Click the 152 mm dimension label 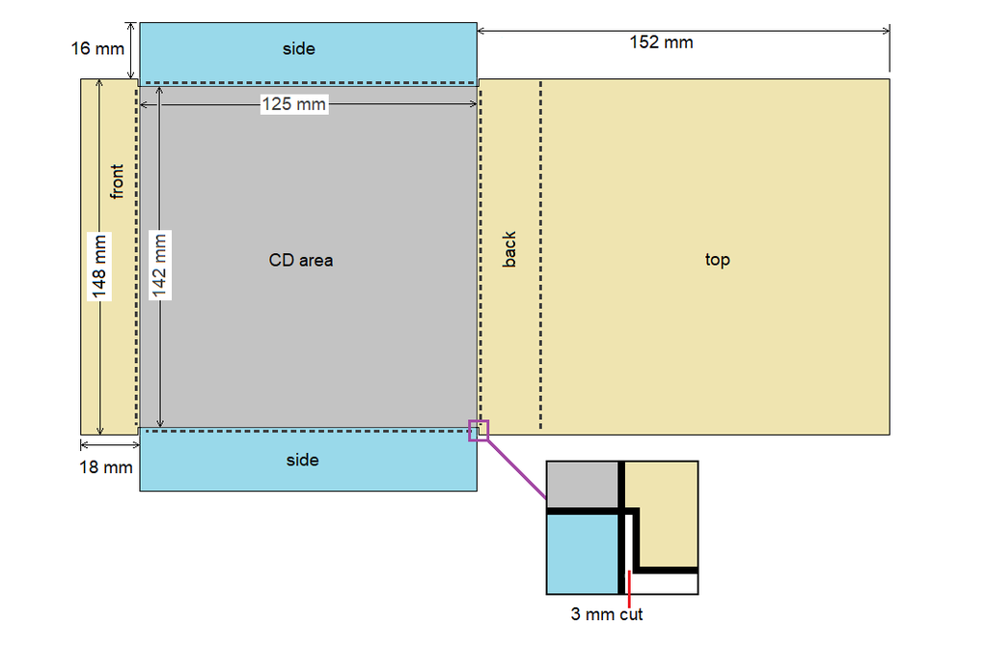pos(661,42)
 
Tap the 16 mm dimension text pos(97,48)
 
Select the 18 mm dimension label pos(106,467)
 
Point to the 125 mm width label pos(294,104)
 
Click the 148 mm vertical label pos(99,267)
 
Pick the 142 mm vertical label pos(159,265)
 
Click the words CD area pos(301,260)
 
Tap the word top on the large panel pos(717,260)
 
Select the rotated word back pos(509,250)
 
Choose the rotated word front pos(117,182)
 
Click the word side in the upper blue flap pos(299,48)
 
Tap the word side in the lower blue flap pos(302,460)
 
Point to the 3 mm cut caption pos(607,614)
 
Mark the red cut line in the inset pos(629,590)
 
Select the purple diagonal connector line pos(517,469)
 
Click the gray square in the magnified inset pos(582,485)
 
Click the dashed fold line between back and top pos(540,255)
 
